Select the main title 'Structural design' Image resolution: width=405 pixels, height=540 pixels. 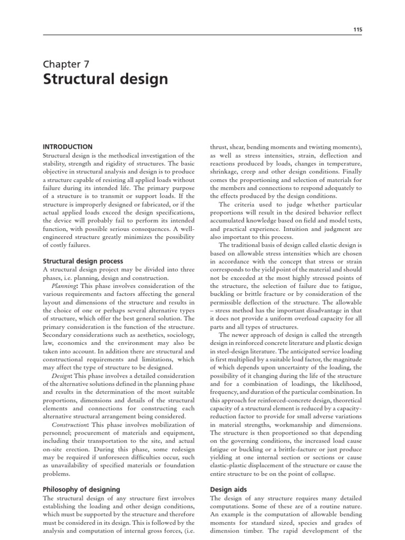pos(105,80)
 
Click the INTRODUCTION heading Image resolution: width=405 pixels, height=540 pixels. pos(67,147)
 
